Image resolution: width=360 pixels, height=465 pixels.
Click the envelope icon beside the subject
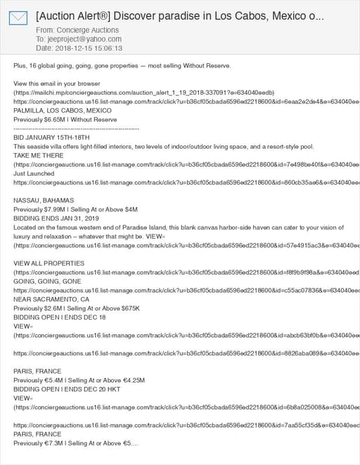18,18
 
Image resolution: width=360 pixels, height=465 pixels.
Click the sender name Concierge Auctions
89,30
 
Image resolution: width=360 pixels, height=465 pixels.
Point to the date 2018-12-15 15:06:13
88,48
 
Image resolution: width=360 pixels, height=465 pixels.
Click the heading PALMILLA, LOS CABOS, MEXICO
63,110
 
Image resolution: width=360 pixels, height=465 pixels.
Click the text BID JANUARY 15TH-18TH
46,138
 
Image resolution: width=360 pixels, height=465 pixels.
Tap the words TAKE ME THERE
38,155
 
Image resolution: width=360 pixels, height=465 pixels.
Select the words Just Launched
34,173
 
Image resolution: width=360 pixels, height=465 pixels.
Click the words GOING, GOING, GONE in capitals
47,281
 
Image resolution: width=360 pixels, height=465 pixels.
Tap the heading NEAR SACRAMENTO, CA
51,299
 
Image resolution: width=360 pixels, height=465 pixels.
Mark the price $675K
130,308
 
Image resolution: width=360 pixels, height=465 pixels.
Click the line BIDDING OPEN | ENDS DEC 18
60,317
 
